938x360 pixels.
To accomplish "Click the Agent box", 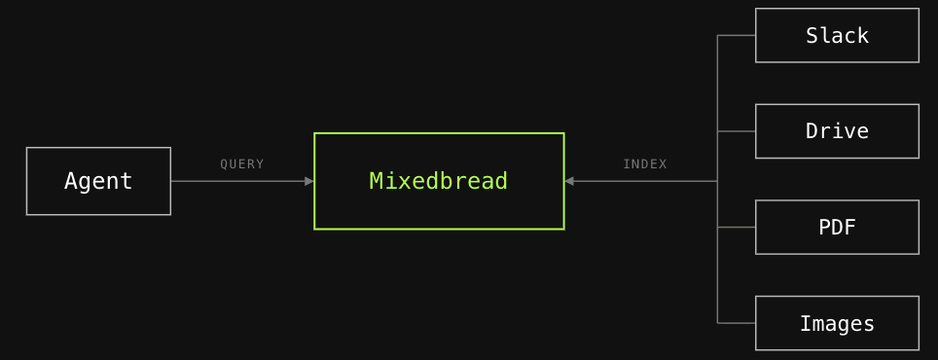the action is (98, 181).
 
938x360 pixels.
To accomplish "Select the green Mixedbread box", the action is (439, 181).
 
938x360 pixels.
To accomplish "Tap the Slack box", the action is (837, 35).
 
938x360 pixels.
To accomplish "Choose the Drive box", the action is (837, 131).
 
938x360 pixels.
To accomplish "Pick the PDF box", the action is (837, 228).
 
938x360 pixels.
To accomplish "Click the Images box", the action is (837, 323).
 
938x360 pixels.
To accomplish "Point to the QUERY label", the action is (241, 163).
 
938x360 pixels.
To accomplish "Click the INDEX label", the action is (645, 163).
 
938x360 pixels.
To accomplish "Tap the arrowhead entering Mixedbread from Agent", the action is (309, 181).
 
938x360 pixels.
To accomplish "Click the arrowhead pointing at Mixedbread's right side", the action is (569, 181).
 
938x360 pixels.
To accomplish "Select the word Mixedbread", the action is (439, 181).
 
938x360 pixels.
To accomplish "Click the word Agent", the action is (98, 181).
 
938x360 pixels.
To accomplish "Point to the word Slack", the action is (837, 36).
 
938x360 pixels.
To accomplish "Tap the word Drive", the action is (837, 131).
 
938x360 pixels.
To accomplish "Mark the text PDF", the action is (837, 228).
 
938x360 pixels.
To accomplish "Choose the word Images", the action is (837, 324).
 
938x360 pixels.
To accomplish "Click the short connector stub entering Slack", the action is (737, 35).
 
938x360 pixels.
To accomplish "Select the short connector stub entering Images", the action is (737, 323).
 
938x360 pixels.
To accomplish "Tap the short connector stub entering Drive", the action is (737, 131).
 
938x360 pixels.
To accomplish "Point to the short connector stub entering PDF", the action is (737, 228).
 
